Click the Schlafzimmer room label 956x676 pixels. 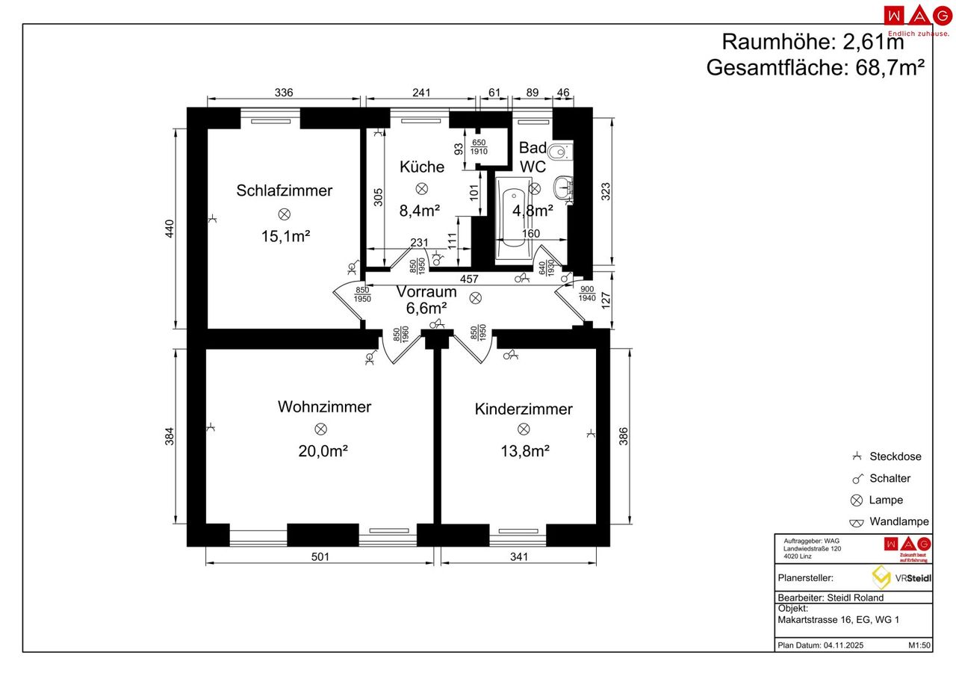pos(284,190)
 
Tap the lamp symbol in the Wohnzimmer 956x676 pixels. pos(320,429)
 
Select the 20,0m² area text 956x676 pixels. pos(323,451)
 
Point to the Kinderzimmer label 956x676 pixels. pos(524,409)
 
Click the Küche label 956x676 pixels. pos(421,167)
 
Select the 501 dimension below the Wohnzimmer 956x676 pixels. pos(320,556)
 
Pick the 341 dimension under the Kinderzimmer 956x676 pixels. pos(518,556)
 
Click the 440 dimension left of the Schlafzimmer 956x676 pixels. pos(170,229)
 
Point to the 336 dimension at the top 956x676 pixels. pos(284,93)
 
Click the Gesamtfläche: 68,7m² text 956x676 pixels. pos(816,67)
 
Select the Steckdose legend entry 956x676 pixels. pos(895,456)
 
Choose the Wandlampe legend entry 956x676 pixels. pos(898,521)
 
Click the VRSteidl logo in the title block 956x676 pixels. pos(901,577)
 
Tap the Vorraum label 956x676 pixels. pos(426,292)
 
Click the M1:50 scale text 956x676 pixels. pos(919,645)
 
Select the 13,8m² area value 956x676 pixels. pos(524,451)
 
